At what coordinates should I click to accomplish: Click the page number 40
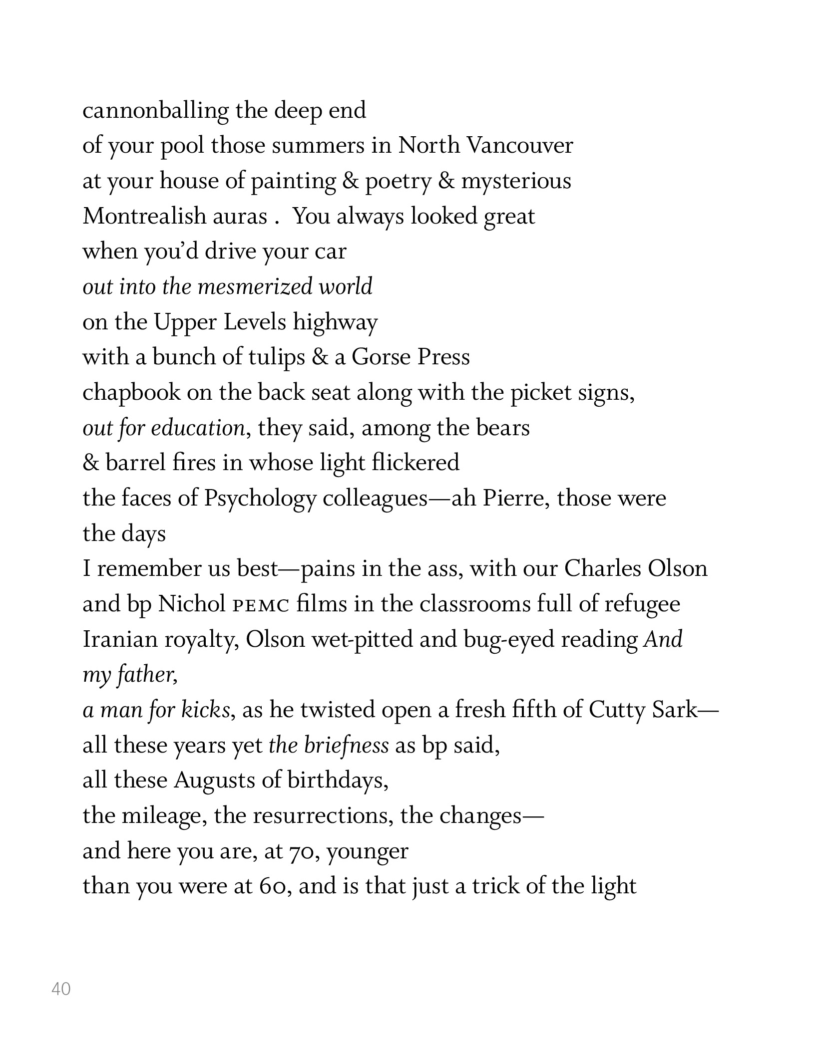pyautogui.click(x=61, y=989)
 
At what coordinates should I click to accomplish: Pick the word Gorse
pyautogui.click(x=381, y=357)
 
